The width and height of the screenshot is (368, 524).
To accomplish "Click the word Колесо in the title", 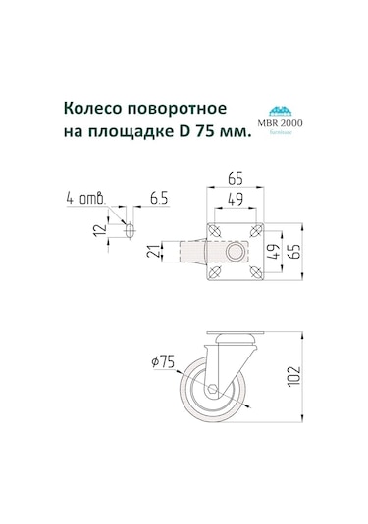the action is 94,108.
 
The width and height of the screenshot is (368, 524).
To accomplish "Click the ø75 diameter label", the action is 163,363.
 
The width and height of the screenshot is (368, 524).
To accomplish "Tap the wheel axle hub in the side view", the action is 215,387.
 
